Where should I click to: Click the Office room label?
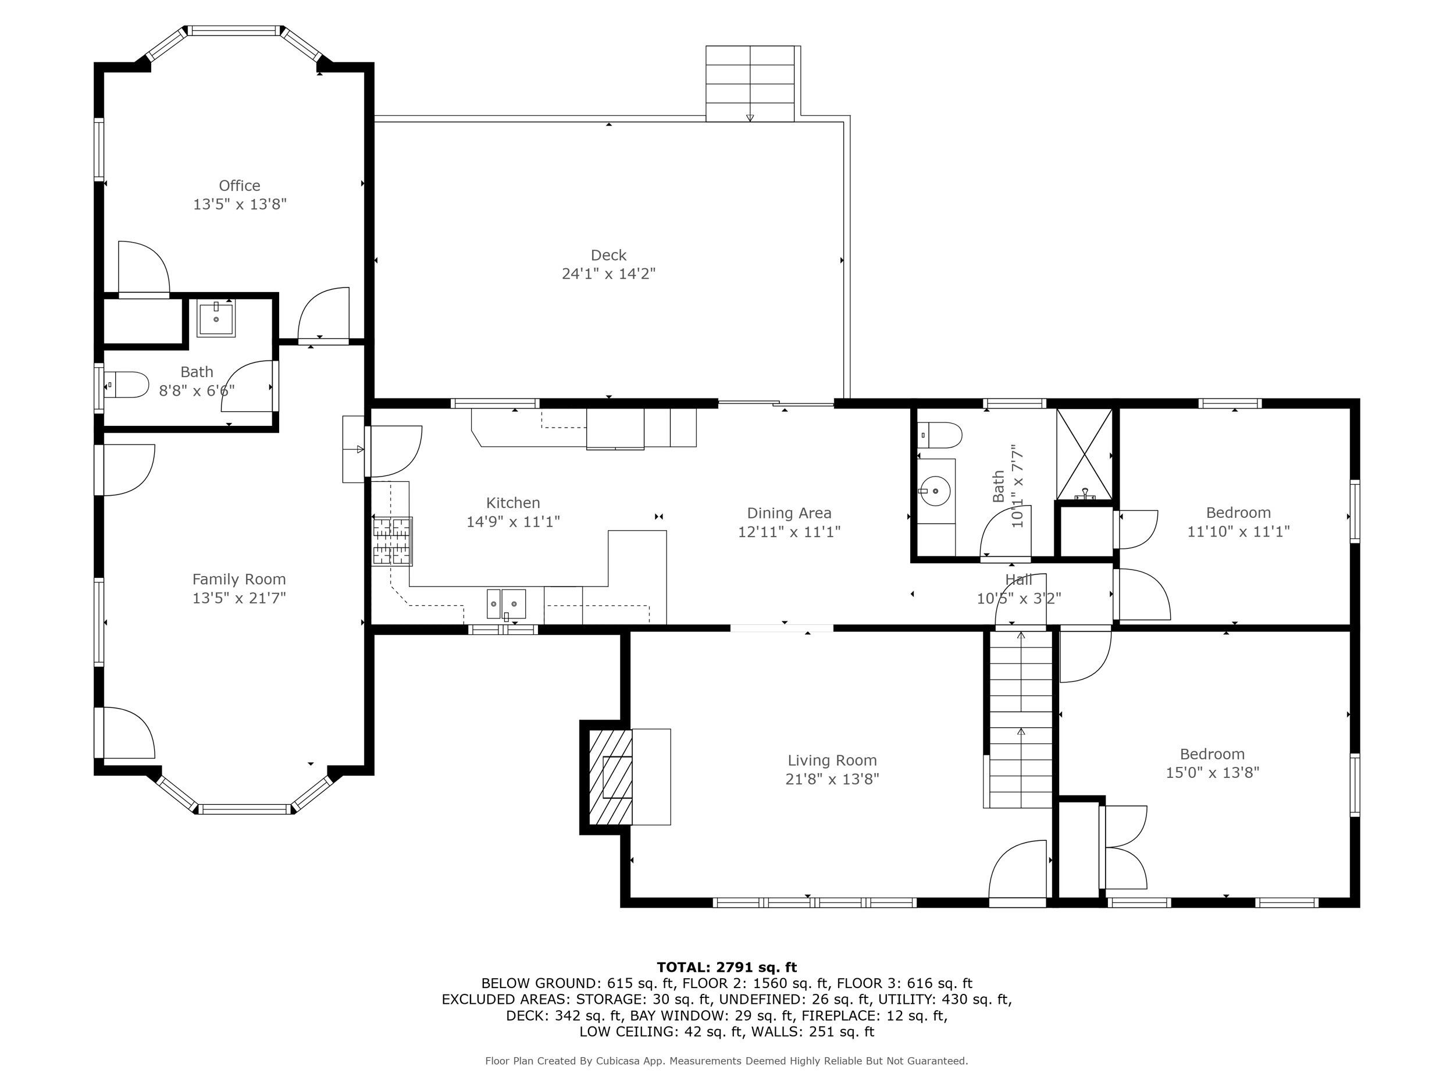pyautogui.click(x=239, y=186)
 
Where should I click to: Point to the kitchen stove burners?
pyautogui.click(x=393, y=541)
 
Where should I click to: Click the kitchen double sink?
pyautogui.click(x=505, y=604)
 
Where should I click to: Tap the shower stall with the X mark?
pyautogui.click(x=1084, y=454)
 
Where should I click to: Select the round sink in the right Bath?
pyautogui.click(x=935, y=491)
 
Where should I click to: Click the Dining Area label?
pyautogui.click(x=789, y=513)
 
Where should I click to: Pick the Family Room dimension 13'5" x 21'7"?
pyautogui.click(x=239, y=598)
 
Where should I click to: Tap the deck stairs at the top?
pyautogui.click(x=750, y=84)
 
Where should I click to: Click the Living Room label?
pyautogui.click(x=832, y=760)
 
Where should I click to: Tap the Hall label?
pyautogui.click(x=1018, y=580)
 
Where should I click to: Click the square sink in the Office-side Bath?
pyautogui.click(x=216, y=318)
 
